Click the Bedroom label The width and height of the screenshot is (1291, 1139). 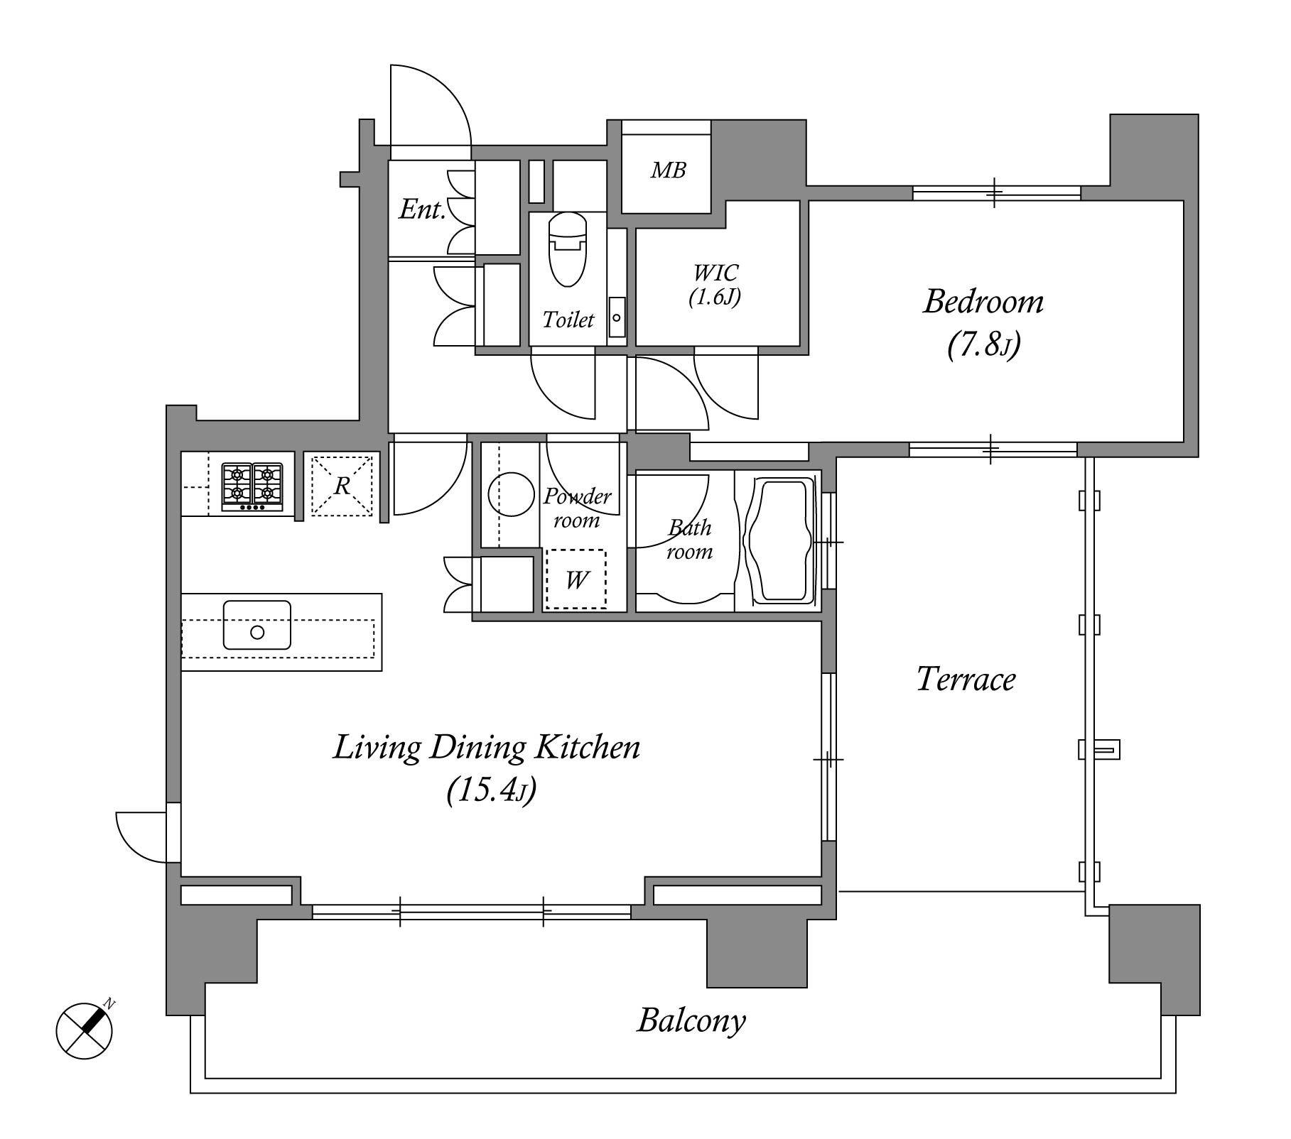983,303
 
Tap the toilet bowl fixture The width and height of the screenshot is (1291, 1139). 568,249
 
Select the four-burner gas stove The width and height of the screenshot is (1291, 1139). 252,486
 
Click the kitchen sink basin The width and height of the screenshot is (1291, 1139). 257,625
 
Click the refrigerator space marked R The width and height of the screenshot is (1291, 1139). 342,486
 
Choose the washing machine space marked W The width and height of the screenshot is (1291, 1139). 576,579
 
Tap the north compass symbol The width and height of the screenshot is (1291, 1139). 85,1030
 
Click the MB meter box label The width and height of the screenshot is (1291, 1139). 668,170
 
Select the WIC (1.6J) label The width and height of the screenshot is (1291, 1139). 715,285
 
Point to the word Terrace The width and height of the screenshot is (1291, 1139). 966,679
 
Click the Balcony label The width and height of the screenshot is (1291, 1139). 691,1021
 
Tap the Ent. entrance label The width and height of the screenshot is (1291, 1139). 422,209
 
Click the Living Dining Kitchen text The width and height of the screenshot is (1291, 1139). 487,748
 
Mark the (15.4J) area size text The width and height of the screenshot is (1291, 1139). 491,790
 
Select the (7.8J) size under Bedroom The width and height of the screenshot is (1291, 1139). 983,346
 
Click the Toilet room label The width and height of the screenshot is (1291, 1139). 568,320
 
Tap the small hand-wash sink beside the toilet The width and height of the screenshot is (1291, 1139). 617,317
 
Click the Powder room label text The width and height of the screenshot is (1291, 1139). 576,508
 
